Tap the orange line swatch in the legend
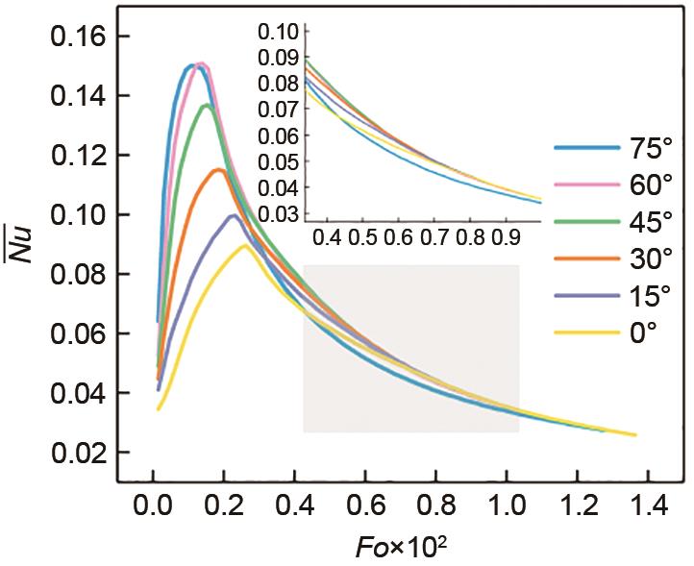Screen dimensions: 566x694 click(583, 259)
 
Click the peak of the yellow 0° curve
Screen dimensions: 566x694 click(245, 245)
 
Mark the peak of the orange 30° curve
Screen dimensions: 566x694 click(218, 170)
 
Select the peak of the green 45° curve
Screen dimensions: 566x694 click(206, 105)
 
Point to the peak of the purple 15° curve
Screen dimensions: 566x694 click(233, 215)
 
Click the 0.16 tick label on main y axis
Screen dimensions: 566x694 click(70, 37)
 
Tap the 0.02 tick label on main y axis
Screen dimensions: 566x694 click(70, 453)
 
